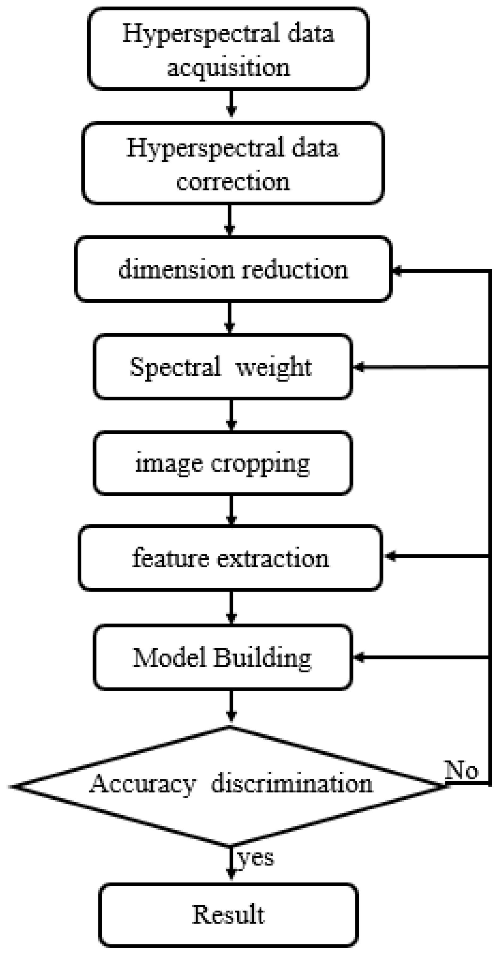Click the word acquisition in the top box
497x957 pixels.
[228, 68]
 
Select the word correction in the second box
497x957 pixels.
[233, 182]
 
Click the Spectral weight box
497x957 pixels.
[222, 367]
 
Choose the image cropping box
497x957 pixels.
[222, 463]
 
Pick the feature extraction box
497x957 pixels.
[230, 558]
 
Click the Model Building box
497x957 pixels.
[222, 657]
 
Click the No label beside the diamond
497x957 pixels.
[461, 770]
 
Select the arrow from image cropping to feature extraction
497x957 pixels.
[231, 510]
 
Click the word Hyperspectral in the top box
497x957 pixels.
[201, 34]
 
